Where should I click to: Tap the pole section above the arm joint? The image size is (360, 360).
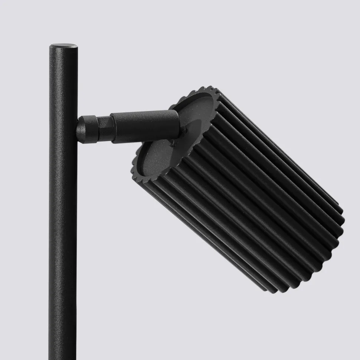click(63, 82)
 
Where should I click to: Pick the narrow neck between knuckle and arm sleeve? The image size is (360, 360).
click(104, 128)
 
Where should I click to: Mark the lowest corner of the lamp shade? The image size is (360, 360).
click(273, 291)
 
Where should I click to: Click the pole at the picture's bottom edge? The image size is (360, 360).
click(63, 357)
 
